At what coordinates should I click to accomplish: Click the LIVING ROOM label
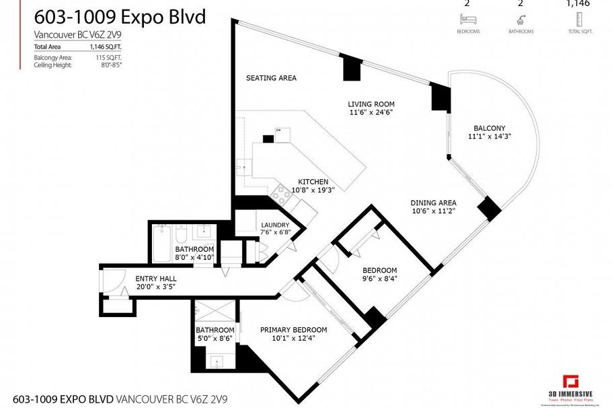coord(371,104)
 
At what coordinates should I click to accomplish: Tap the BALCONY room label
coord(489,128)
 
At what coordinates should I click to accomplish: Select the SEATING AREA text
coord(271,78)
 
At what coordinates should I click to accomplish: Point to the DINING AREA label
coord(434,203)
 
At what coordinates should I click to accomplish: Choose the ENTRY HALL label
coord(156,279)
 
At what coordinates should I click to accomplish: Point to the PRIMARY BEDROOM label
coord(293,330)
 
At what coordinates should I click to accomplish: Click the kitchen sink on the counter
coord(241,164)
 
